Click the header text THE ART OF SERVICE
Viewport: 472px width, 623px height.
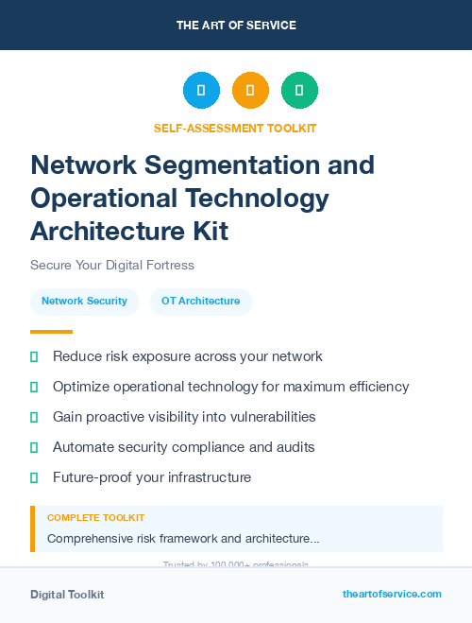click(236, 26)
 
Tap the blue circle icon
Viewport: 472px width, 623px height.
click(201, 91)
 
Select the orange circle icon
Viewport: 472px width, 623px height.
click(250, 91)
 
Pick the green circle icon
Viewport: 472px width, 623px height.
click(299, 91)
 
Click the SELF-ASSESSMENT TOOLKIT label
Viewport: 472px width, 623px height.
click(235, 128)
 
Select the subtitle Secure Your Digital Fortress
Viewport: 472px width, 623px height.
click(111, 265)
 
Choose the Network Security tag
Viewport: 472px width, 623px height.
click(84, 301)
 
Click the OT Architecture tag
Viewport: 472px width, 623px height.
click(200, 301)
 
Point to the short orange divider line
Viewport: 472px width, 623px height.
click(51, 332)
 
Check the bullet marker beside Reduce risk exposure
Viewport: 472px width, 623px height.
click(34, 356)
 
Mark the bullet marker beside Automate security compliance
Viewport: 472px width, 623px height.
click(34, 447)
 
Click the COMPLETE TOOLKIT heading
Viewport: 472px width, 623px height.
click(95, 518)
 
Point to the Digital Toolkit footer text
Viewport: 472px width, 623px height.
click(67, 595)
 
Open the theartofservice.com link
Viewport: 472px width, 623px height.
click(392, 594)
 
